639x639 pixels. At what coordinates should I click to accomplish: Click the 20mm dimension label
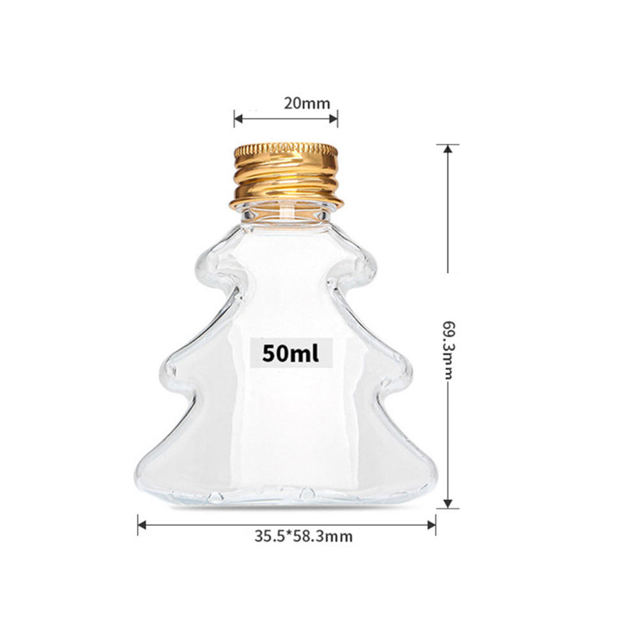(285, 103)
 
